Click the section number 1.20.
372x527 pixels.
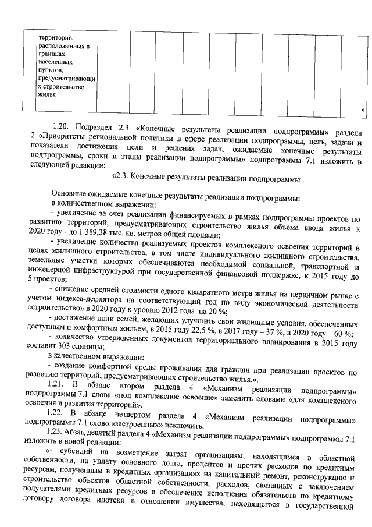click(60, 126)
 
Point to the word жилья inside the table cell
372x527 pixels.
click(46, 94)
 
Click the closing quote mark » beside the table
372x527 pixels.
click(363, 109)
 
